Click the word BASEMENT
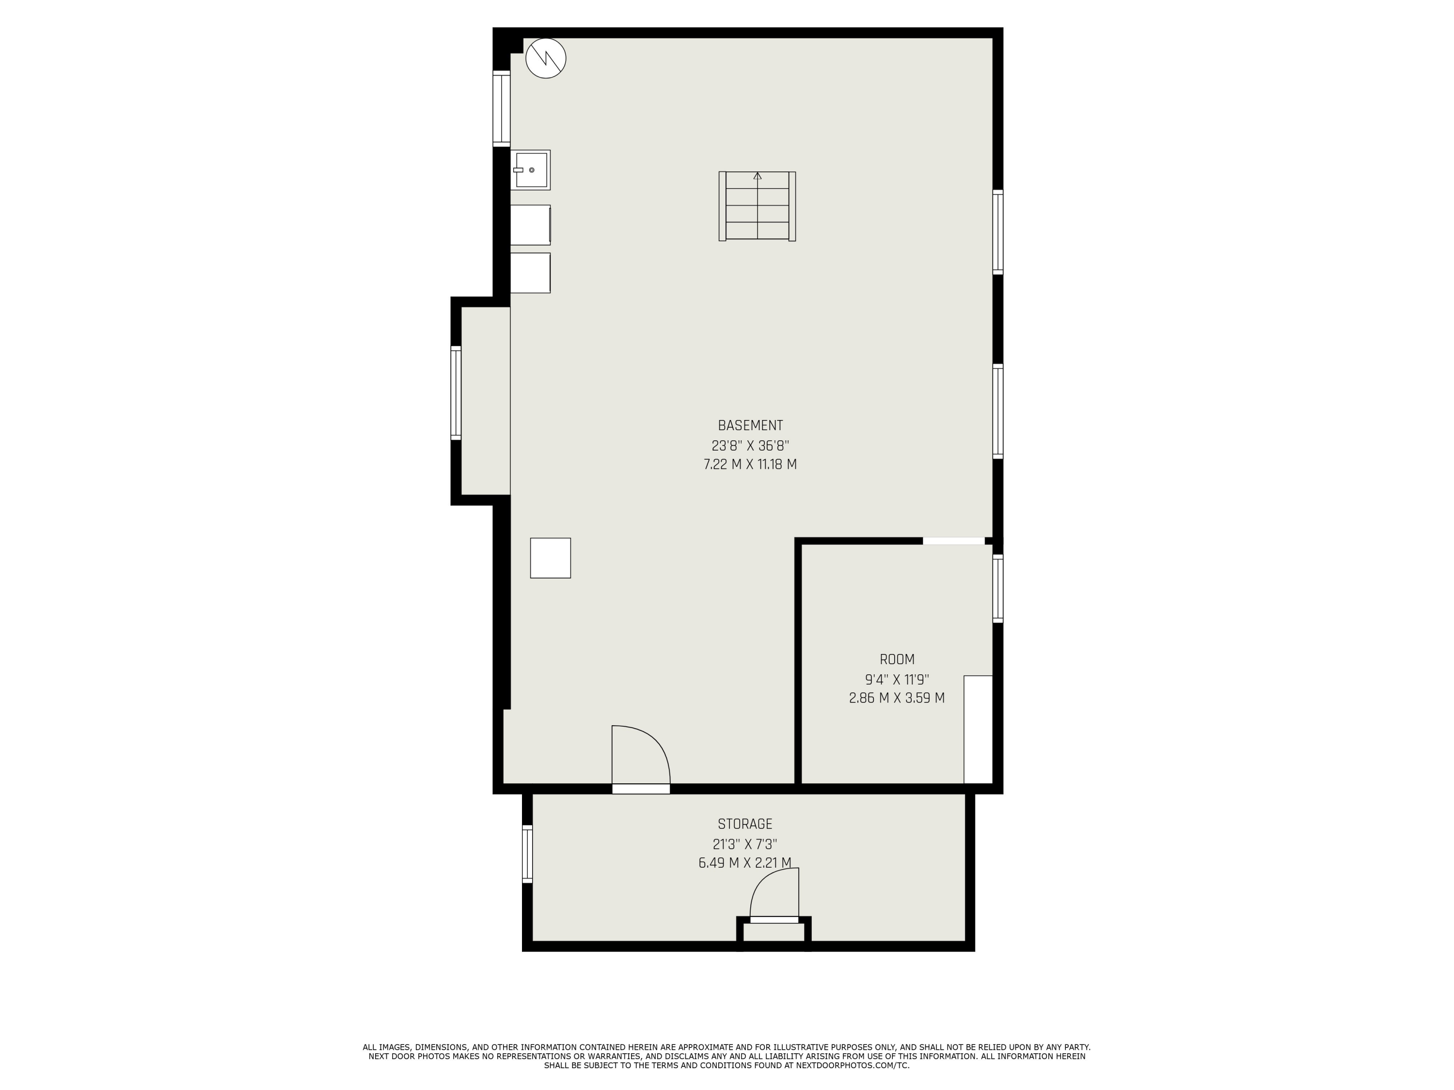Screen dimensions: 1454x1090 [750, 426]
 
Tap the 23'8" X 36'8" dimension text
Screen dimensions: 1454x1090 [750, 446]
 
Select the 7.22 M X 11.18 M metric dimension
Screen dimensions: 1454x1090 [750, 465]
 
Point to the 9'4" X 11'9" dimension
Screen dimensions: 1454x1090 [897, 679]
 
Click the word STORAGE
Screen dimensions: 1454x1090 [745, 824]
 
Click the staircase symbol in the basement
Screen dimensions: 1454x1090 [757, 206]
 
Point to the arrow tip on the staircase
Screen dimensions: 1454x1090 [757, 173]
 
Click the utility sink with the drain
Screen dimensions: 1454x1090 [530, 170]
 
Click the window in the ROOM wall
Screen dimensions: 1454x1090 [998, 588]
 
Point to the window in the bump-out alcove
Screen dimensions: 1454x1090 [456, 393]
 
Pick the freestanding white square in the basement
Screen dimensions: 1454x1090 [550, 558]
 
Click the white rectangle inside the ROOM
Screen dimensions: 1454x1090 [978, 729]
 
